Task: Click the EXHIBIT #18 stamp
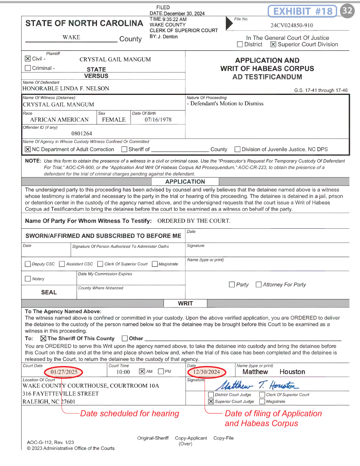[302, 11]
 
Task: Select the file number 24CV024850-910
[292, 25]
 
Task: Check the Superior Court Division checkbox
[273, 44]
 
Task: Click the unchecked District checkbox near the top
[240, 44]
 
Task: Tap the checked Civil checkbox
[28, 59]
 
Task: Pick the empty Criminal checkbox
[28, 68]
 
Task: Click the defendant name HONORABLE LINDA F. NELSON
[66, 89]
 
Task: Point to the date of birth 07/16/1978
[158, 119]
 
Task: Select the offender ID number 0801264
[82, 134]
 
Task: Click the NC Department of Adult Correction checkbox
[28, 149]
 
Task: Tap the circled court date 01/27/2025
[64, 372]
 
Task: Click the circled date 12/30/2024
[206, 372]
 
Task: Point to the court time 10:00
[123, 372]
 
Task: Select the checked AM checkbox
[142, 372]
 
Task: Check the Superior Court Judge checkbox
[211, 402]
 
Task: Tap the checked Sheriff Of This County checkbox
[43, 338]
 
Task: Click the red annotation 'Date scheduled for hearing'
[130, 413]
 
